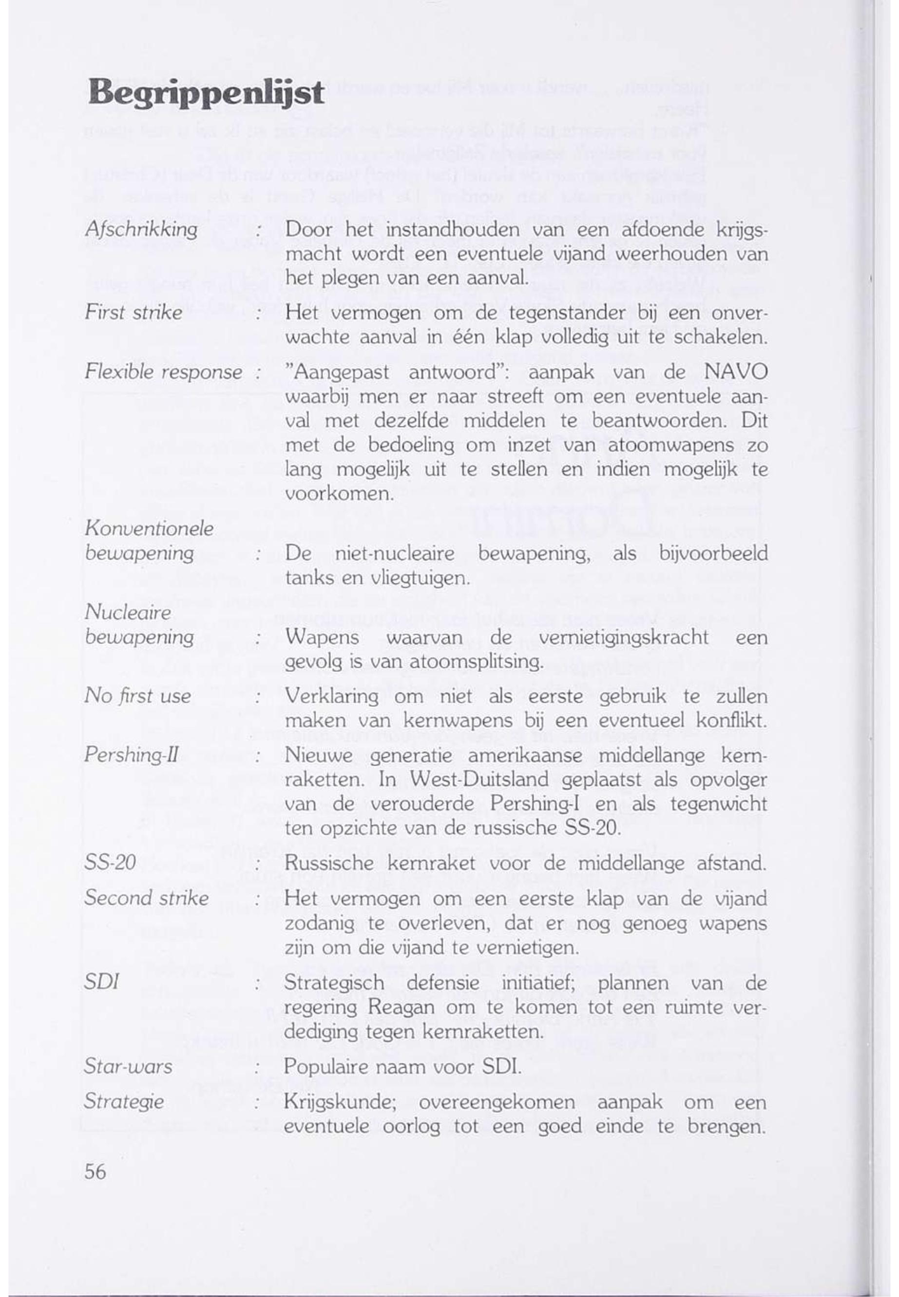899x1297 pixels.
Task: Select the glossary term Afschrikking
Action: point(141,230)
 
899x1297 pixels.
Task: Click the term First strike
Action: point(134,313)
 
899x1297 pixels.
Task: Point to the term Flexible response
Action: point(163,373)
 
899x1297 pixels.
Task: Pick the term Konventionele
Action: point(149,529)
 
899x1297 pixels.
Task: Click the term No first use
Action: point(137,696)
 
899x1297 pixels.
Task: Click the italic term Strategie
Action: point(124,1101)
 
